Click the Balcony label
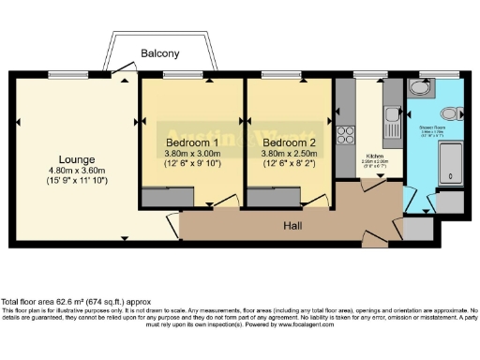click(160, 53)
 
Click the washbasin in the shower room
click(418, 87)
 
